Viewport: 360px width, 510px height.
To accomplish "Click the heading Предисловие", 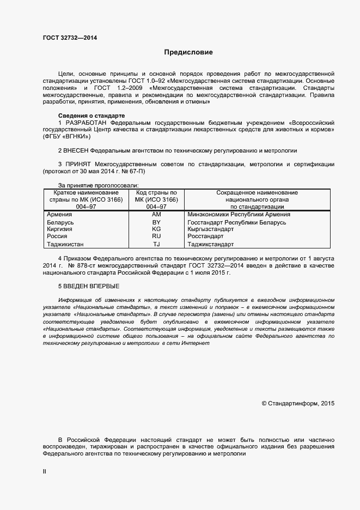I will pyautogui.click(x=188, y=52).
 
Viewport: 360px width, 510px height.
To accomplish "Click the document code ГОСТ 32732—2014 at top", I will pyautogui.click(x=70, y=38).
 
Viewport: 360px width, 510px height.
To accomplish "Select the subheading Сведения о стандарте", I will pyautogui.click(x=91, y=116).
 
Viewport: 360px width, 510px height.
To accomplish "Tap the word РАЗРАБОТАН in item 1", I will pyautogui.click(x=86, y=123).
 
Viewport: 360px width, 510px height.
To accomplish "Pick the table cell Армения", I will pyautogui.click(x=60, y=215).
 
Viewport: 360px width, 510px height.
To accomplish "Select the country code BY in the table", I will pyautogui.click(x=156, y=222).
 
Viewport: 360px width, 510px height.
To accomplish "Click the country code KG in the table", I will pyautogui.click(x=156, y=229).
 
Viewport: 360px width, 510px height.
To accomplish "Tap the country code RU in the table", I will pyautogui.click(x=156, y=236).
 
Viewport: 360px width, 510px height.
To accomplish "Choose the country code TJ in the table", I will pyautogui.click(x=156, y=245).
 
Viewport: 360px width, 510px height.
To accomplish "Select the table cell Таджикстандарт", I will pyautogui.click(x=210, y=245).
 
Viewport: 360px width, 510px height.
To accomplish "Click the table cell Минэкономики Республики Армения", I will pyautogui.click(x=239, y=215).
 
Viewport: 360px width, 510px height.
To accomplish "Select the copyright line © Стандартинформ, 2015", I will pyautogui.click(x=298, y=404).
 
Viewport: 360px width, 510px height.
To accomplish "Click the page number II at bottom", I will pyautogui.click(x=45, y=472).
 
